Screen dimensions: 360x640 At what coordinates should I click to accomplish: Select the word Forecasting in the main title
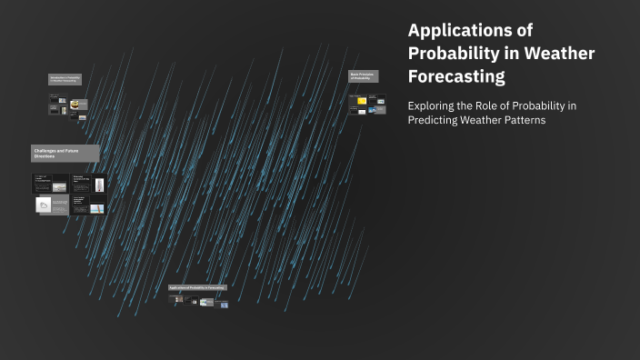[x=456, y=76]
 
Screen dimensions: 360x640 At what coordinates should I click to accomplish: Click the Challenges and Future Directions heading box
[x=65, y=153]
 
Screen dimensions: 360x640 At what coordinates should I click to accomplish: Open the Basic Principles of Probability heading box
[x=364, y=76]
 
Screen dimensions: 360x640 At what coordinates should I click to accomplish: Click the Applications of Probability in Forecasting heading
[x=197, y=288]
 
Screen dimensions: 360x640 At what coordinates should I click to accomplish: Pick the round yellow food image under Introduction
[x=75, y=105]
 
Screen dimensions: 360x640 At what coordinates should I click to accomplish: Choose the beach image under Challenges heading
[x=59, y=187]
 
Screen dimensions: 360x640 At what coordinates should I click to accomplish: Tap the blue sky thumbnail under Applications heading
[x=224, y=305]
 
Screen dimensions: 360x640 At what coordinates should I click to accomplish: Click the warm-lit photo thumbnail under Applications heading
[x=207, y=302]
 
